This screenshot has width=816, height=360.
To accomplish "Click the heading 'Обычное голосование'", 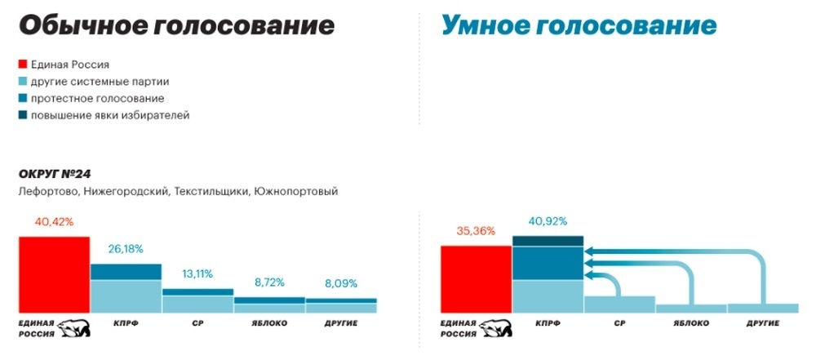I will (176, 26).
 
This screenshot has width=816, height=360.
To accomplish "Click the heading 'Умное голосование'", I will (579, 26).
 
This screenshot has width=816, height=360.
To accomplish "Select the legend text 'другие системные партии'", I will (100, 81).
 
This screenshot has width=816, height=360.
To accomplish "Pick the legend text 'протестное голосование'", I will (97, 98).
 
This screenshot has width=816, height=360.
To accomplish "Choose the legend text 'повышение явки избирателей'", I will (110, 115).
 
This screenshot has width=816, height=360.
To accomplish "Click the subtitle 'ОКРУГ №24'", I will (56, 174).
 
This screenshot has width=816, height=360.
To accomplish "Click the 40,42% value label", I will (54, 221).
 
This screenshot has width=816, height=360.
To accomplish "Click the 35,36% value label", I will (475, 231).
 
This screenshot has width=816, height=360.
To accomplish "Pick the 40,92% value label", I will (547, 220).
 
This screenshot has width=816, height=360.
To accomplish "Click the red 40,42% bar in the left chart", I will (54, 274).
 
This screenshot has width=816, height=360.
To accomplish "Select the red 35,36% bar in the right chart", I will (475, 278).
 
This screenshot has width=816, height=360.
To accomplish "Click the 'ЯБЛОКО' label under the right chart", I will (691, 324).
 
